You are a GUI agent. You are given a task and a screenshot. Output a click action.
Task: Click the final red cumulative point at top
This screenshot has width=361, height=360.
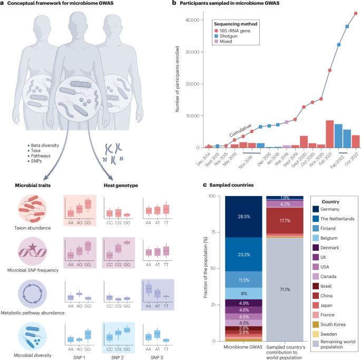[356, 14]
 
